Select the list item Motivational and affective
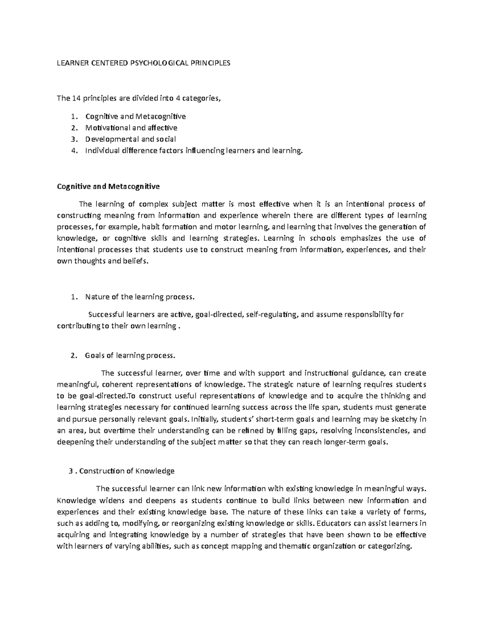131,128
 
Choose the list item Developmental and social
131,139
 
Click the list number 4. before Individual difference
73,151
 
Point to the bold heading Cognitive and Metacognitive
108,187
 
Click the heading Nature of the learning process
140,297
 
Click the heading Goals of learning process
130,356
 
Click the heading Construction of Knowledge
127,471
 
